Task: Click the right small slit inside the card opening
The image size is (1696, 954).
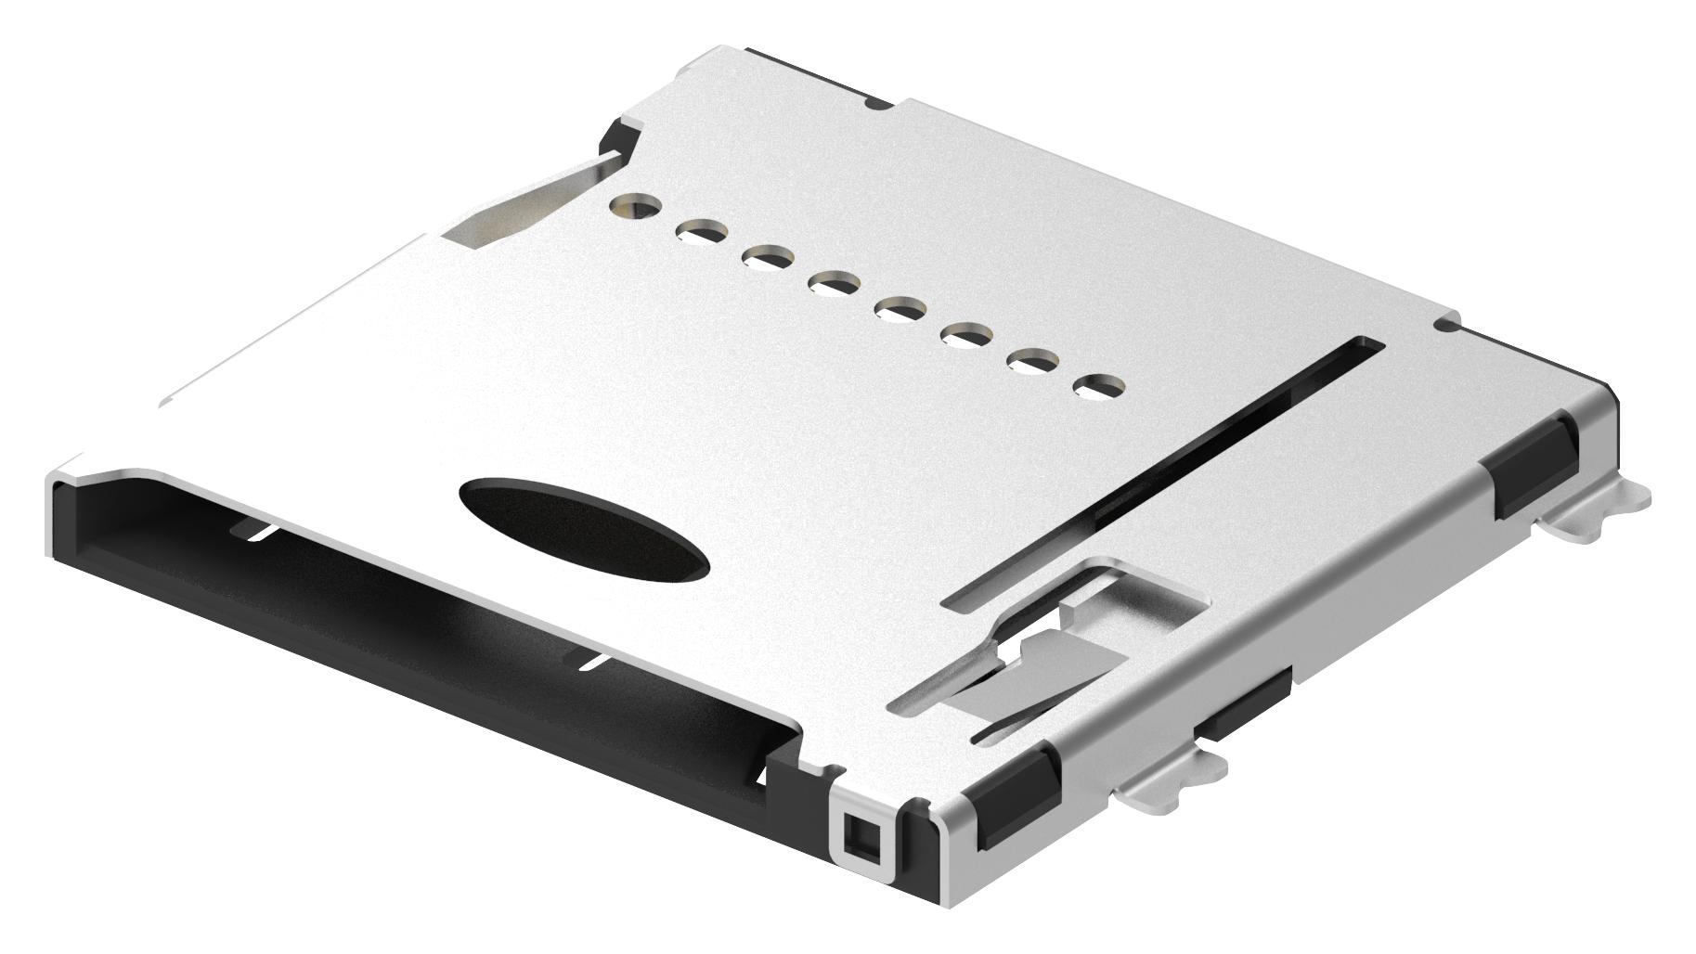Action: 592,662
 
